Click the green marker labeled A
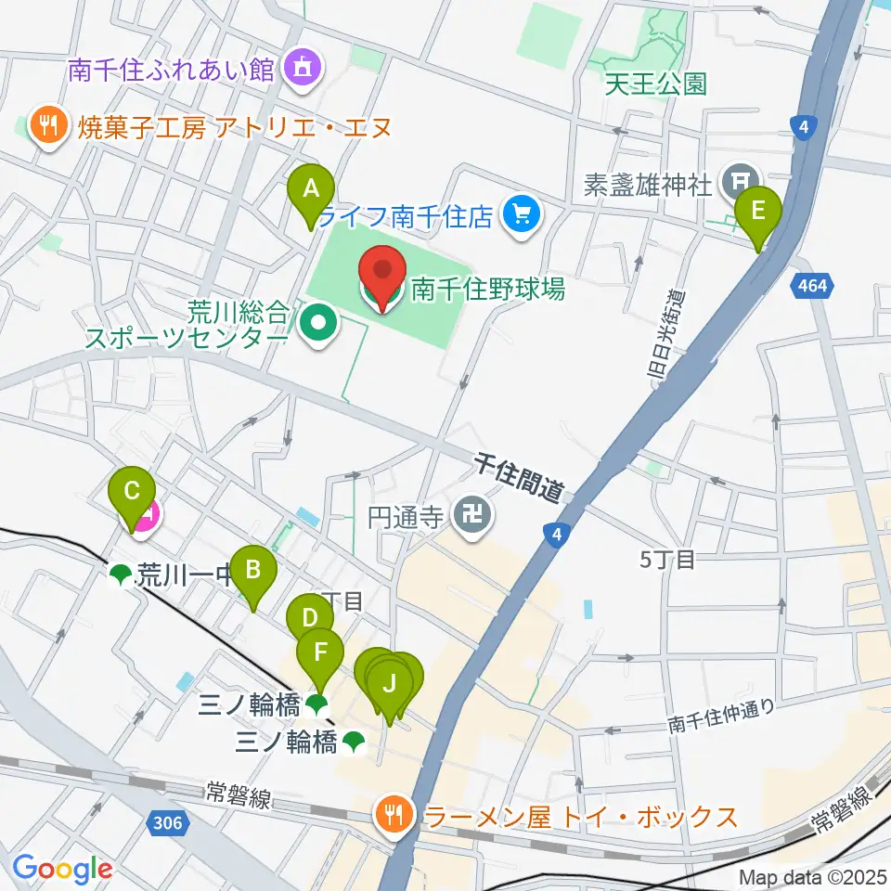click(x=311, y=190)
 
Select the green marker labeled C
click(x=132, y=492)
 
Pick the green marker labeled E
click(x=758, y=213)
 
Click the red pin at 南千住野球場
click(x=383, y=277)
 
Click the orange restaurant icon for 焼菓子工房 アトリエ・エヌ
click(x=45, y=125)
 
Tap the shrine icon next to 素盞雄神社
click(x=741, y=181)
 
